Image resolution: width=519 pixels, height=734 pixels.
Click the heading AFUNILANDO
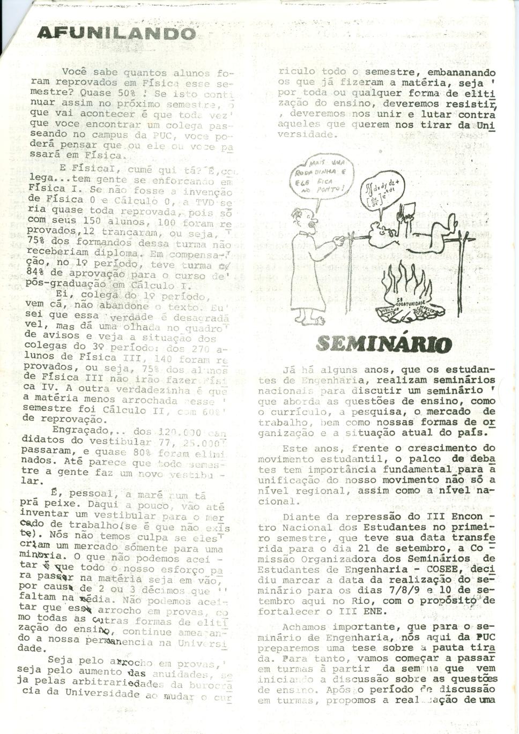(x=116, y=33)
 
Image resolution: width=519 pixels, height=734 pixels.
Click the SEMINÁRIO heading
(x=384, y=343)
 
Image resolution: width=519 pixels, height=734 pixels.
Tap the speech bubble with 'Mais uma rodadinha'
(x=320, y=178)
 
